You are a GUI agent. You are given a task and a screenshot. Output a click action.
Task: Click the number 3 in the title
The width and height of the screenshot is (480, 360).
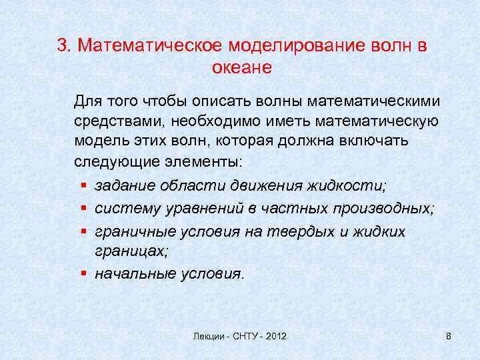tap(62, 46)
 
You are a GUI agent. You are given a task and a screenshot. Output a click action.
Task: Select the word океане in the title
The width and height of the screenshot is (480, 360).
tap(242, 67)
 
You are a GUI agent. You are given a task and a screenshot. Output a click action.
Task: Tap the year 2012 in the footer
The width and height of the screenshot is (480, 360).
tap(274, 337)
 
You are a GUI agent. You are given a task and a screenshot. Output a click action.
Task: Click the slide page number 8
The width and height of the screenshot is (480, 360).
tap(448, 337)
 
